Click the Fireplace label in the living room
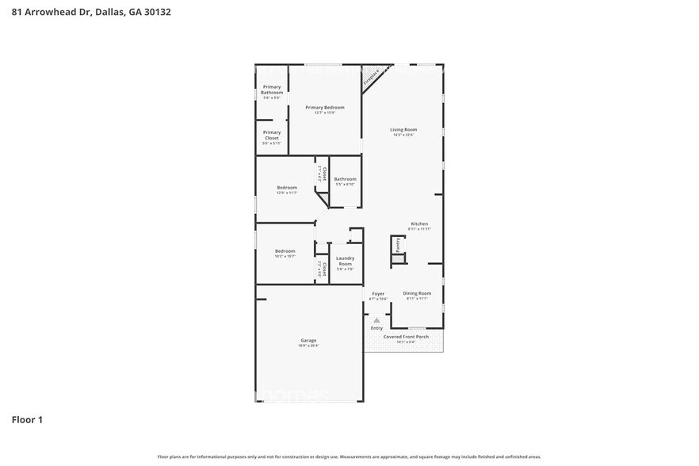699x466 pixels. (x=371, y=77)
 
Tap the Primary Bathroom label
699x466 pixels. (x=272, y=90)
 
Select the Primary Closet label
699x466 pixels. (x=272, y=135)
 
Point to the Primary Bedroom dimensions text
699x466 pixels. (x=325, y=113)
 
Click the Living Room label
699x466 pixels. (x=403, y=129)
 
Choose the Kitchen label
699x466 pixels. (x=418, y=223)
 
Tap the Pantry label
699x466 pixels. (x=399, y=246)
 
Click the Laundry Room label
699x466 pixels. (x=345, y=260)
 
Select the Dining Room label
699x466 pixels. (x=417, y=293)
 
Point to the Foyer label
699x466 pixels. (x=378, y=293)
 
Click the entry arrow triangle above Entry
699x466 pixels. (x=376, y=320)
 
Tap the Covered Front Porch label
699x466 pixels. (x=405, y=337)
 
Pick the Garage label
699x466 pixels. (x=307, y=340)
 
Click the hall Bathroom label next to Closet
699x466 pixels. (x=345, y=179)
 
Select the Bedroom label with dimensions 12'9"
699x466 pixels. (x=286, y=187)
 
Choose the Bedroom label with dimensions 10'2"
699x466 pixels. (x=285, y=251)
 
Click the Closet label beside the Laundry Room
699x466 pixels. (x=323, y=269)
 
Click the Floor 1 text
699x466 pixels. (x=27, y=419)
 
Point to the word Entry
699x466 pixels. (x=376, y=328)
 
